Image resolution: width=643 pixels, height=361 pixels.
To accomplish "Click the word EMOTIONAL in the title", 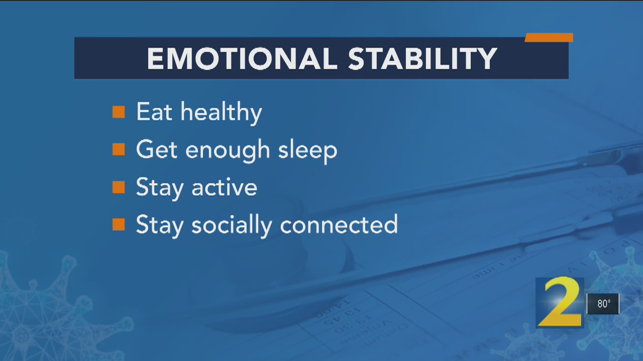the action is [242, 59].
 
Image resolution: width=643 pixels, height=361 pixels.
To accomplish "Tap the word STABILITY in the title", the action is [422, 59].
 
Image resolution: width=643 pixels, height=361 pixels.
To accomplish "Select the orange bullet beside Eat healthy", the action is [119, 112].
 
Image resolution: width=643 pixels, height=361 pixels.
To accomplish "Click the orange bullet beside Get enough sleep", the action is [119, 149].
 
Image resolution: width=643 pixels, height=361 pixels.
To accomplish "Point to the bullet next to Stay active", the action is [119, 188].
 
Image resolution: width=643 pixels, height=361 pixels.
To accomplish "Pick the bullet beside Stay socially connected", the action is [119, 224].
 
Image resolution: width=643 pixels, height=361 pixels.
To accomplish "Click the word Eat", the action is [154, 112].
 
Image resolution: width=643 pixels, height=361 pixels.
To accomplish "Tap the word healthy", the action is [222, 113].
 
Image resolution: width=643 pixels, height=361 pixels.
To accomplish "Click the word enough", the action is [228, 151].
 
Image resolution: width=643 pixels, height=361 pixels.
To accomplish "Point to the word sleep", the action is [308, 151].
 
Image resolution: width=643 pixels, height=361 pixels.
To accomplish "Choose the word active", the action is [224, 188].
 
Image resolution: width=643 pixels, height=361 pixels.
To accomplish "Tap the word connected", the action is [339, 224].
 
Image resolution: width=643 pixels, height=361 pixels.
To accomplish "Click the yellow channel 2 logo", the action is [560, 302].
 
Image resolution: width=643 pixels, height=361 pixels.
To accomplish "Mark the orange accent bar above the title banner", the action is [549, 38].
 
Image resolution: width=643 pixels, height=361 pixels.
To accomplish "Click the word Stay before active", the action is [160, 189].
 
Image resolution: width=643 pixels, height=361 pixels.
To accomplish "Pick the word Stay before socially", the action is [160, 226].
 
